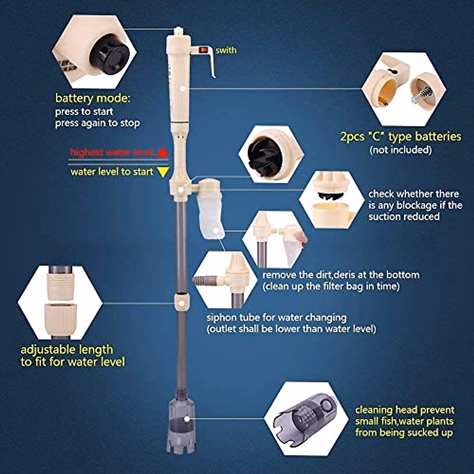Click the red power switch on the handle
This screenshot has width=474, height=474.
(203, 50)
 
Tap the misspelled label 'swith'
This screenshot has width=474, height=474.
(226, 50)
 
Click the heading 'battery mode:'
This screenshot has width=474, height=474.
(92, 98)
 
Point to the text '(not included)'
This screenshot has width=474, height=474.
(400, 150)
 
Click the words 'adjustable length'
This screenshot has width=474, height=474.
(67, 350)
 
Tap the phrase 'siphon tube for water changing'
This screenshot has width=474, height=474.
(276, 318)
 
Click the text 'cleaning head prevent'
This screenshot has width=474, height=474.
(404, 410)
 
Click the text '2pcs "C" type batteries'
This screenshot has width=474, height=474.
(400, 137)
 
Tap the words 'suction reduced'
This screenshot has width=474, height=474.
(404, 216)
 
